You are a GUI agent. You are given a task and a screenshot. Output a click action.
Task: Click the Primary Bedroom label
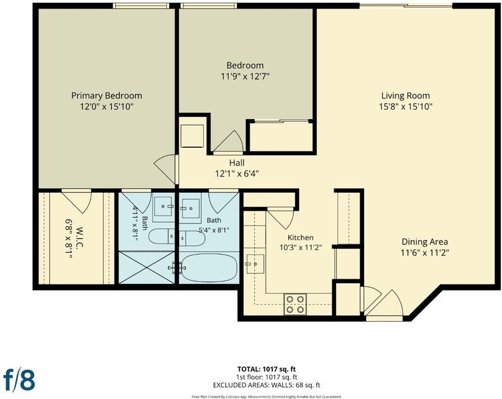[x=107, y=96]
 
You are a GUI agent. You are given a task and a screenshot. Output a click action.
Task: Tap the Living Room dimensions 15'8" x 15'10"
[x=405, y=106]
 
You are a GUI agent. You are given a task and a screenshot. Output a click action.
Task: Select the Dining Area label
[x=425, y=241]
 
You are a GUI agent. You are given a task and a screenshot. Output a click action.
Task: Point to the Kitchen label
[x=301, y=237]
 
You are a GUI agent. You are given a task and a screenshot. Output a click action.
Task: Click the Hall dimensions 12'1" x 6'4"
[x=237, y=174]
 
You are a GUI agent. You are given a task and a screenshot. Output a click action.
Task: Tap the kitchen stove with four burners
[x=295, y=305]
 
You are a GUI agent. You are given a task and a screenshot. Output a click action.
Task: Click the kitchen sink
[x=255, y=264]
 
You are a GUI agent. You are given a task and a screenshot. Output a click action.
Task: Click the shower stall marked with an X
[x=146, y=267]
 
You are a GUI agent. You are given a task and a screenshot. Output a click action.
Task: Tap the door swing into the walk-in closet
[x=77, y=201]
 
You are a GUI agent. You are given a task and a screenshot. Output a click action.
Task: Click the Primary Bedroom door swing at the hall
[x=165, y=170]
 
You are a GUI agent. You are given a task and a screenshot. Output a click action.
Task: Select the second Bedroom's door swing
[x=228, y=142]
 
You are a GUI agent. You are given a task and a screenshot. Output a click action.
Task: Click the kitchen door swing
[x=280, y=218]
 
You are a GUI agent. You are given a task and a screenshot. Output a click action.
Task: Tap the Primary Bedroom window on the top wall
[x=141, y=6]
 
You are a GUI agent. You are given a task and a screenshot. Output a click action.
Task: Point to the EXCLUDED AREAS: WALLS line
[x=266, y=385]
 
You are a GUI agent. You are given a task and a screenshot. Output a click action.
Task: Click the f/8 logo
[x=19, y=380]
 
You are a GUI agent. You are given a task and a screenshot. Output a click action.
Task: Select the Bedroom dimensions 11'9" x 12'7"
[x=245, y=76]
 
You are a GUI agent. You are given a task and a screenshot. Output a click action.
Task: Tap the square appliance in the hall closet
[x=192, y=136]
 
